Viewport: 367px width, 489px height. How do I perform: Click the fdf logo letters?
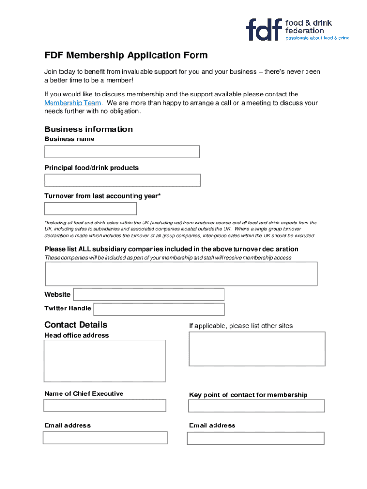tap(264, 30)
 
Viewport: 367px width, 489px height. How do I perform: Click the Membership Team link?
tap(72, 103)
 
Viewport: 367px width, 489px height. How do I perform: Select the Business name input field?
tap(122, 151)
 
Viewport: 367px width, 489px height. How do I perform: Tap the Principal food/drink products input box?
tap(122, 180)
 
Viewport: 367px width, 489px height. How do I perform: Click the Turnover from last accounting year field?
tap(91, 209)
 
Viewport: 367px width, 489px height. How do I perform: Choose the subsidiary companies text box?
tap(181, 274)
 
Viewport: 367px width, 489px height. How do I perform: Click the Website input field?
tap(149, 295)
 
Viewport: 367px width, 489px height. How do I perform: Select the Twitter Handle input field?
tap(159, 309)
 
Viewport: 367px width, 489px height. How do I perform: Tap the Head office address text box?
tap(105, 361)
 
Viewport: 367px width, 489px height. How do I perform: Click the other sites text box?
tap(257, 349)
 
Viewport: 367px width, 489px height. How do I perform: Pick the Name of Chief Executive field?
tap(105, 405)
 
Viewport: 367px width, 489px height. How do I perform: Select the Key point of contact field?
tap(256, 406)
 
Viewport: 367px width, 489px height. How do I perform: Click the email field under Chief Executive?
tap(105, 437)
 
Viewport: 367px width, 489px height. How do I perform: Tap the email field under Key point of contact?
tap(255, 438)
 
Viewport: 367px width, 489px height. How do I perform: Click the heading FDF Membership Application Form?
tap(126, 55)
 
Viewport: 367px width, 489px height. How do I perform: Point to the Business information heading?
tap(88, 129)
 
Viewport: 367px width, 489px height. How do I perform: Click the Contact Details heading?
tap(76, 325)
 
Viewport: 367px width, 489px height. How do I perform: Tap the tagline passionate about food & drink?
tap(317, 38)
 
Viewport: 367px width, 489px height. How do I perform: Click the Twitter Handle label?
tap(68, 308)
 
